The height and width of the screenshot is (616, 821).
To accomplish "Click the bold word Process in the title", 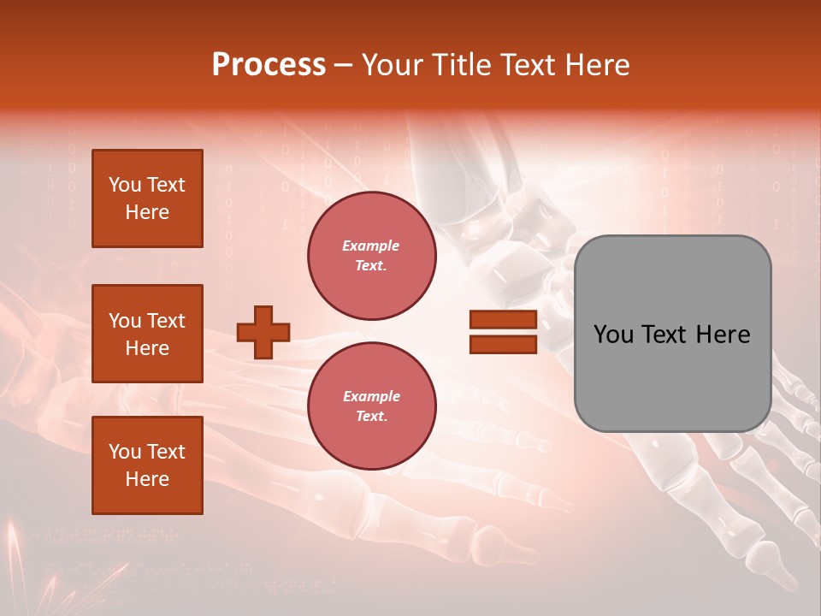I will (269, 65).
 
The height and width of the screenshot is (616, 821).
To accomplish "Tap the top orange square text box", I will (147, 198).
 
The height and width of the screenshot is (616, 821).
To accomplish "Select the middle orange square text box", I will (147, 334).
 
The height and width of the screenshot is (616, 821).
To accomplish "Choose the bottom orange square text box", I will (147, 465).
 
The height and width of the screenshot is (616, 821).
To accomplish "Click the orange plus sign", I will (263, 332).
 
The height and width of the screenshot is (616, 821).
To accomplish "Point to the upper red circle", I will (371, 256).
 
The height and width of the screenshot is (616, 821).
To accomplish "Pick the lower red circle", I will (371, 406).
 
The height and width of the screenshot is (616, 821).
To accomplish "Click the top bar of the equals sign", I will (503, 320).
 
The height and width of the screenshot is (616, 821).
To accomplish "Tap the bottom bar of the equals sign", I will (503, 345).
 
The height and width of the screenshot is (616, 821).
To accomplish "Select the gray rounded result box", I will (672, 333).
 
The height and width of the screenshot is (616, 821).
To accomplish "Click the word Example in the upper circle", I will (371, 246).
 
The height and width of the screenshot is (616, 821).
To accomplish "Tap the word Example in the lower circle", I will (371, 396).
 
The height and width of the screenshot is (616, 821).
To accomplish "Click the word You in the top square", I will (124, 185).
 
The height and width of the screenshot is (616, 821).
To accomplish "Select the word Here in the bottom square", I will (147, 479).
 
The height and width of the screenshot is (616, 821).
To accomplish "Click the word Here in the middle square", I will (147, 348).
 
